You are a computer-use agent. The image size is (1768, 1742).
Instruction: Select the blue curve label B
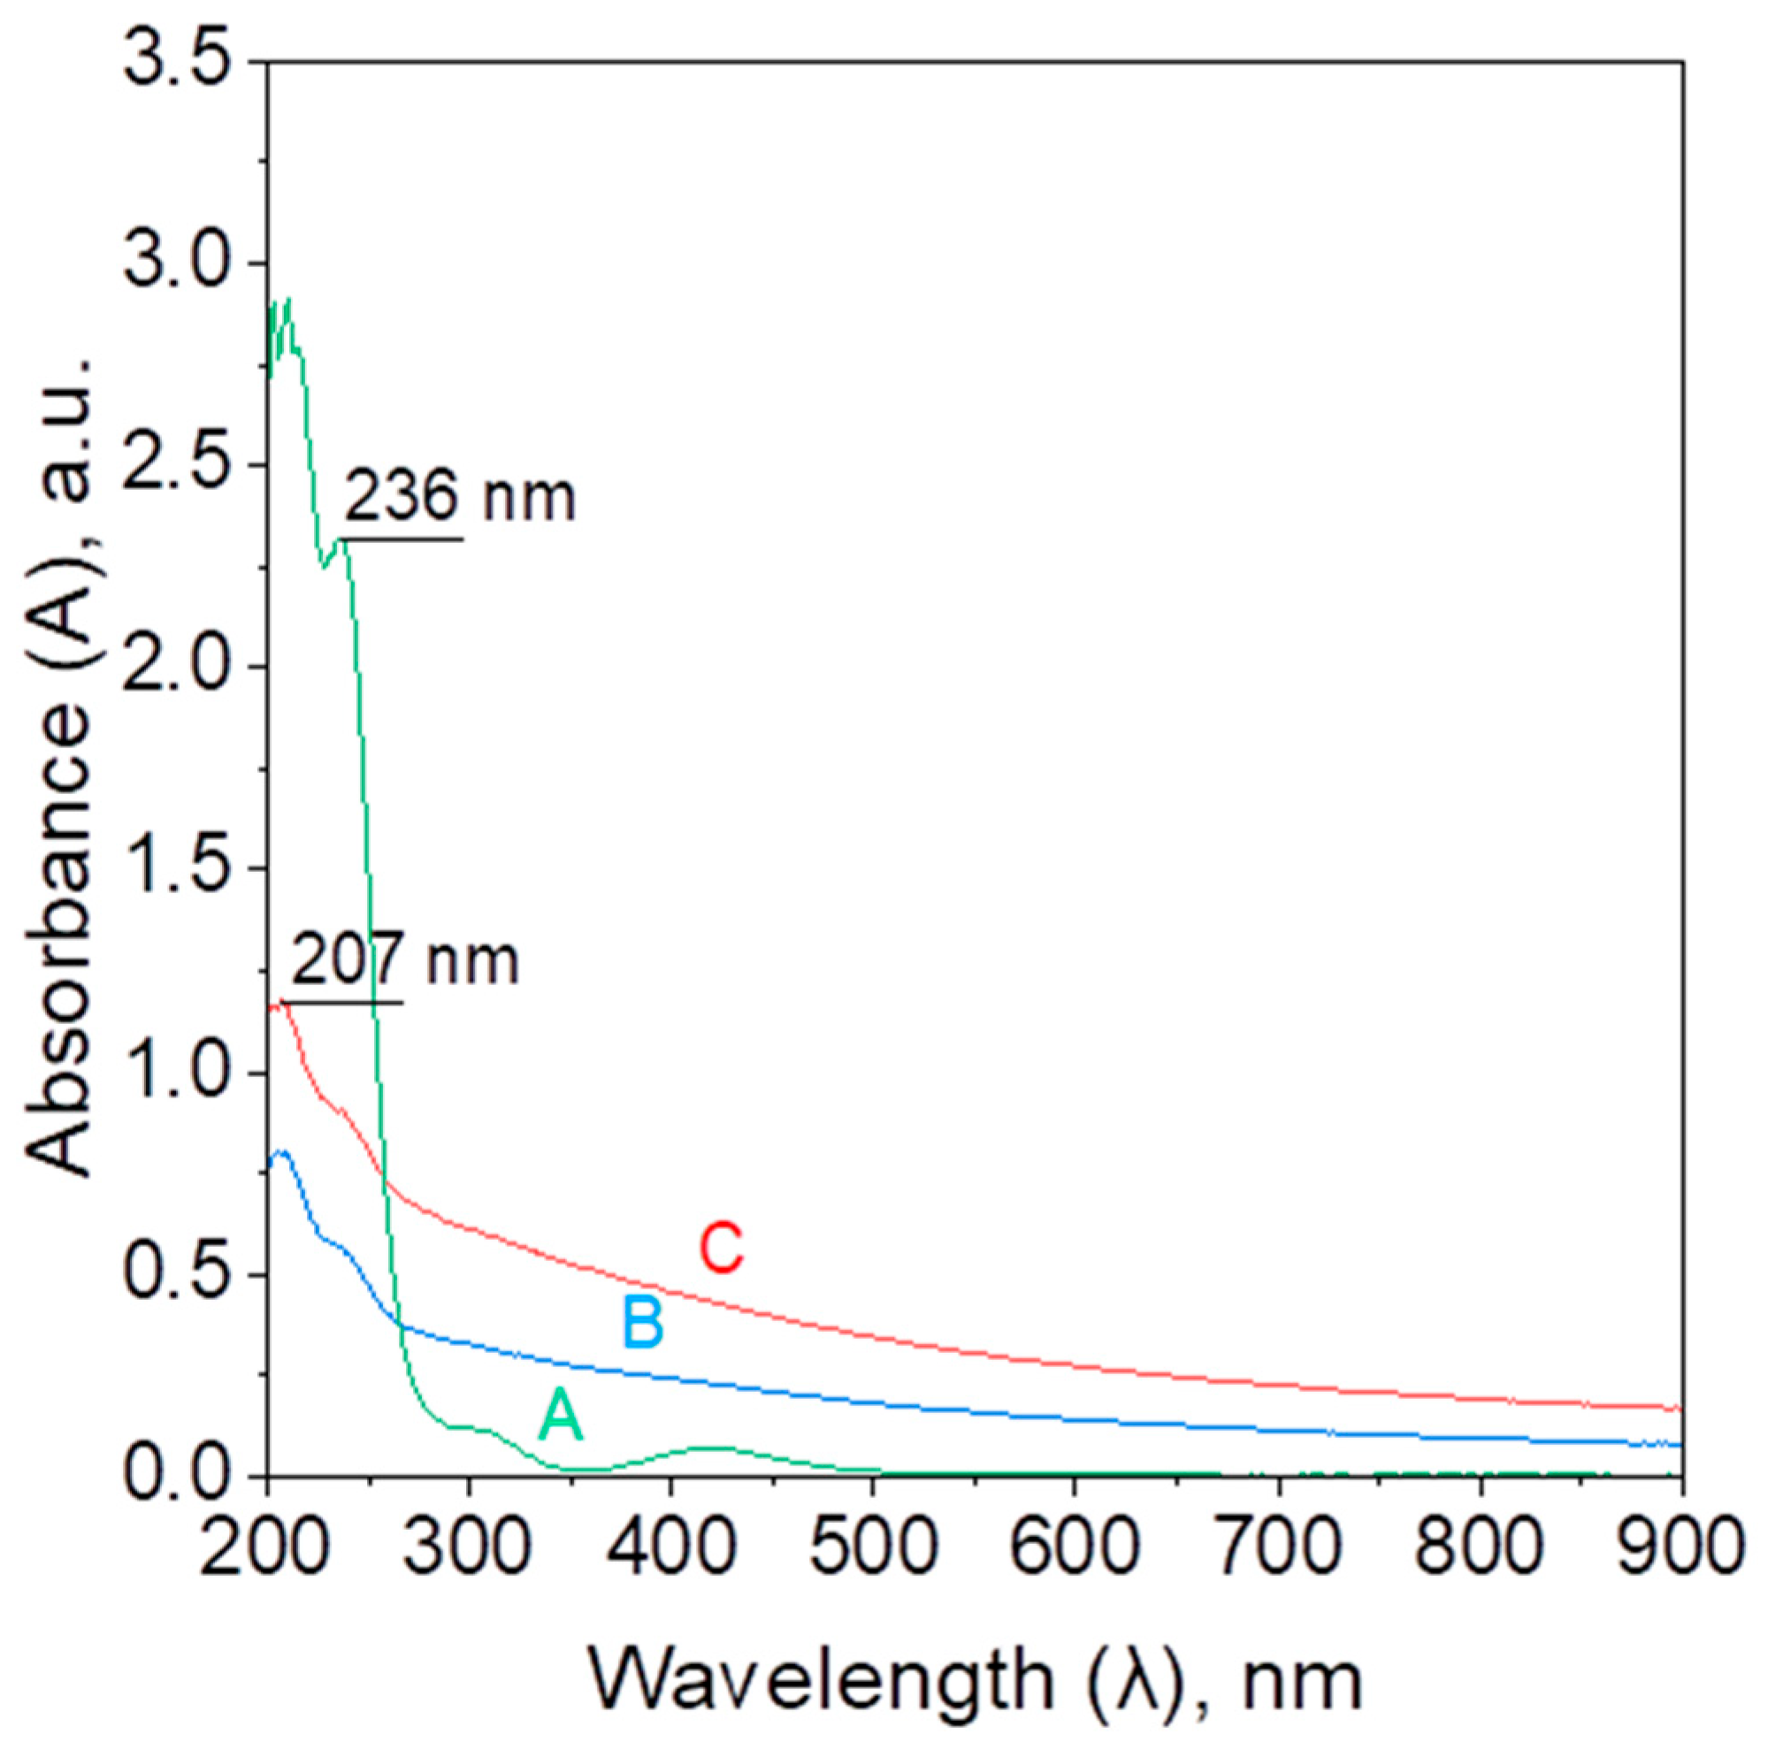click(642, 1323)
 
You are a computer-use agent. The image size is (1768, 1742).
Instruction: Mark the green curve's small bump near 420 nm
click(709, 1448)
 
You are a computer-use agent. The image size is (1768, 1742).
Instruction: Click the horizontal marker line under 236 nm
click(402, 539)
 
